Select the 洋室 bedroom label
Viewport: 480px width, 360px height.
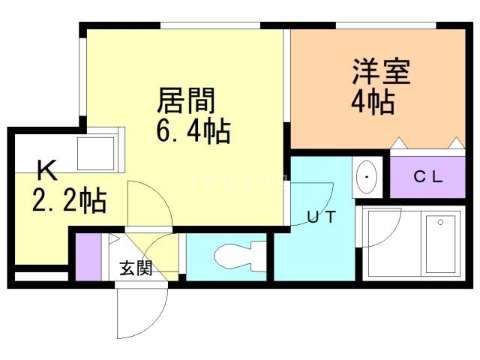[382, 73]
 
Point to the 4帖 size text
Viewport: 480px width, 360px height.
[372, 103]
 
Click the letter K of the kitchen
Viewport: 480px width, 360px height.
[46, 172]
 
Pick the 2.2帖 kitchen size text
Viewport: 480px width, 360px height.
[68, 201]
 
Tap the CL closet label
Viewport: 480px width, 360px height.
[429, 178]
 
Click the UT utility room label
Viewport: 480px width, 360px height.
[320, 217]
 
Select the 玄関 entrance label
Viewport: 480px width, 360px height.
[136, 268]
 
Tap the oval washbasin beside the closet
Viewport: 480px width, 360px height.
[367, 177]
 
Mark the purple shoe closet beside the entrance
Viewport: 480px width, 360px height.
[87, 256]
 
